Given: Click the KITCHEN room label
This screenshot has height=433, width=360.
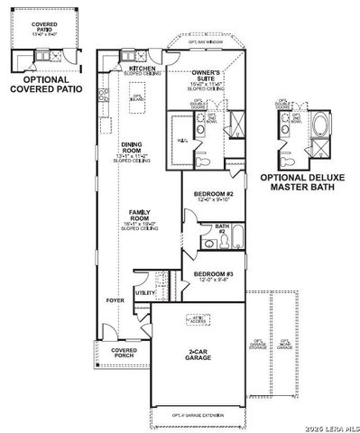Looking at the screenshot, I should click(143, 70).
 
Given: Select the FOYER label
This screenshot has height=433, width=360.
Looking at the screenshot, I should click(115, 299).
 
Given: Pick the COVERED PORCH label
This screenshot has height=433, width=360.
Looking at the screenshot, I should click(124, 353).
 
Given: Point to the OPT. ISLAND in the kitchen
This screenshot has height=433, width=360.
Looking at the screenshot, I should click(138, 99).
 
